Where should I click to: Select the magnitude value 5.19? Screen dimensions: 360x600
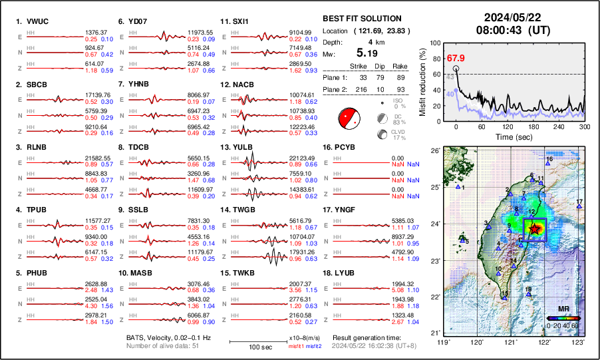pos(369,53)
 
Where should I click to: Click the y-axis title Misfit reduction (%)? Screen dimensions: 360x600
pos(423,81)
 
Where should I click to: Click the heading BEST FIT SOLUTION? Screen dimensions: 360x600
pos(361,19)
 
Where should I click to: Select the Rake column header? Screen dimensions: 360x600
pos(401,65)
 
